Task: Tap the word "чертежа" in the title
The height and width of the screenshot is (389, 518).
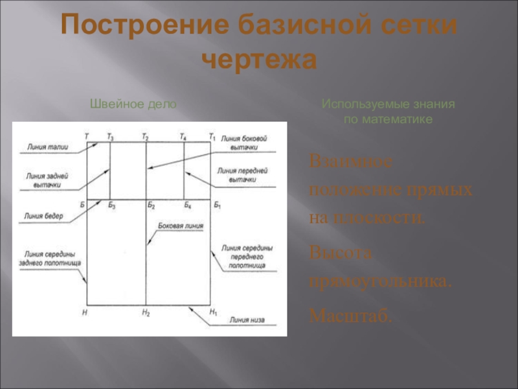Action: tap(259, 60)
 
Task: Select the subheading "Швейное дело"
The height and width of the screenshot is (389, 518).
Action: tap(132, 104)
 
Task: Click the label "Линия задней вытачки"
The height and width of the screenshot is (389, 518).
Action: tap(43, 180)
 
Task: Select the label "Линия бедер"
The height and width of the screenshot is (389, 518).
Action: tap(43, 217)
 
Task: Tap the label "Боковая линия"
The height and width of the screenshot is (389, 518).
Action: tap(181, 227)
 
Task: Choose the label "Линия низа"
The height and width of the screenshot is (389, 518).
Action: tap(245, 320)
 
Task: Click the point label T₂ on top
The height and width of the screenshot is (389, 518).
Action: tap(146, 136)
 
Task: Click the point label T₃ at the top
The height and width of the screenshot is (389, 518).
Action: tap(110, 136)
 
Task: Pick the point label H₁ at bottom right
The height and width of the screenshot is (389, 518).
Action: tap(214, 313)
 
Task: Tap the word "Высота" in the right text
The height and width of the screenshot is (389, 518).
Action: tap(341, 253)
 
